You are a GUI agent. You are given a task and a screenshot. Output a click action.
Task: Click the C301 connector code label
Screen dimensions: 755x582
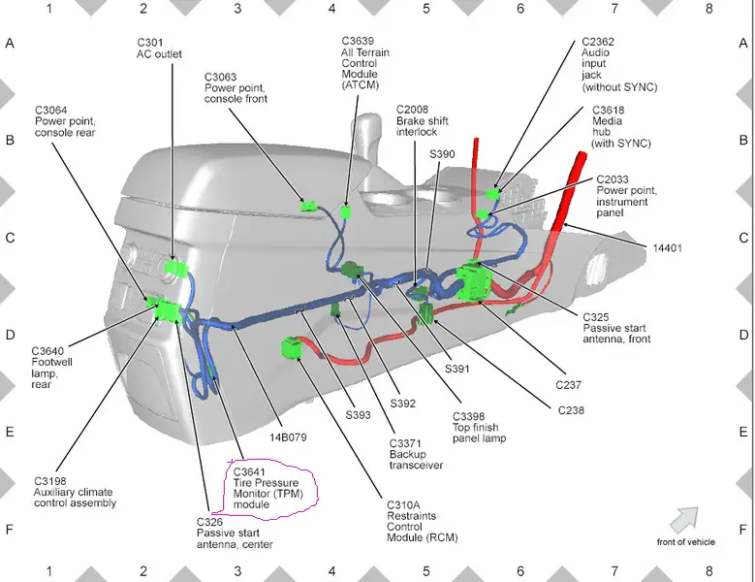click(x=150, y=43)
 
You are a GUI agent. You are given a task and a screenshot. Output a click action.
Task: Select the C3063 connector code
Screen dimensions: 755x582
click(x=221, y=77)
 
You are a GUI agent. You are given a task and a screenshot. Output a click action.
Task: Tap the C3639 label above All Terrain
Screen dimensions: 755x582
click(x=358, y=41)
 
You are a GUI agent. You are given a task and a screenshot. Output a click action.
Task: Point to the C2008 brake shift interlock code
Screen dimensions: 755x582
click(x=412, y=110)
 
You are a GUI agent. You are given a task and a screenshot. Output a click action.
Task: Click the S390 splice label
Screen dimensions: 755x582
click(x=442, y=154)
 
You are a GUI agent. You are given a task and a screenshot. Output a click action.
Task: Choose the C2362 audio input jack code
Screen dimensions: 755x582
click(x=598, y=42)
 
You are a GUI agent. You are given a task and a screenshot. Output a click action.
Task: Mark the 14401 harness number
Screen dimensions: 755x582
click(x=667, y=248)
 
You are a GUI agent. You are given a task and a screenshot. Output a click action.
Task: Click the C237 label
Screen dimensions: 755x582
click(x=569, y=385)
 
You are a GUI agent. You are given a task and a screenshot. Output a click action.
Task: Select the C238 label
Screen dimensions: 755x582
click(x=571, y=410)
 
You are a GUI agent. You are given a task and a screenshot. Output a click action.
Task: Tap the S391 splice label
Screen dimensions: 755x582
click(x=456, y=369)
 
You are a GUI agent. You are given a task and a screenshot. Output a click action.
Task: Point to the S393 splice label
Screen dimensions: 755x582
click(x=359, y=415)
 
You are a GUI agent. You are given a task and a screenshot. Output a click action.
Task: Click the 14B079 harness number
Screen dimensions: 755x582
click(x=288, y=437)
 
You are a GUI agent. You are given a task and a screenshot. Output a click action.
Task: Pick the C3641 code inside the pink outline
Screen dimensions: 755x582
click(x=249, y=472)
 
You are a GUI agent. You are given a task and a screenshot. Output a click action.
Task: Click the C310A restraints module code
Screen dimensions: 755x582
click(x=403, y=505)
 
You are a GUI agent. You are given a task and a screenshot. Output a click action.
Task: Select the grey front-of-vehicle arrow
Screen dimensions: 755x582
click(x=683, y=519)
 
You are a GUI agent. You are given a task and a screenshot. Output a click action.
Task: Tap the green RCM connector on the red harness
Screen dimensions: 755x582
click(x=291, y=348)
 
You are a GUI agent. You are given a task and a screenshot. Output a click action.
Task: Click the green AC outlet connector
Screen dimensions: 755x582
click(x=175, y=268)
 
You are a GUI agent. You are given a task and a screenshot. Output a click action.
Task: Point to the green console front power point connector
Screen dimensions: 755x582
click(x=308, y=207)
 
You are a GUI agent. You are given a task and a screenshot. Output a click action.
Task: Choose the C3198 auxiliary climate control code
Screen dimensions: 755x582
click(x=50, y=481)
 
